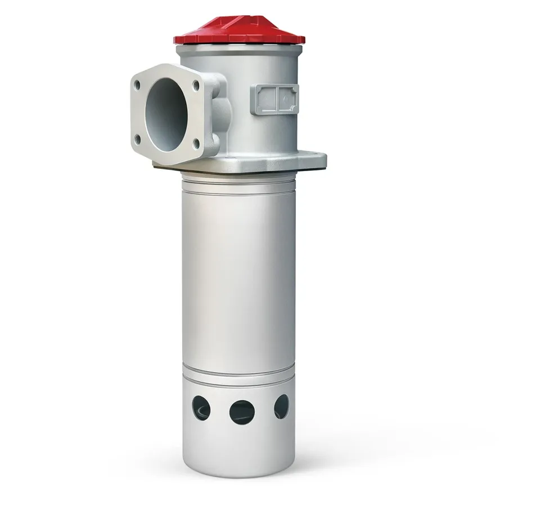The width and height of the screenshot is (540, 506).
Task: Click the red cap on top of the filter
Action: point(239,33)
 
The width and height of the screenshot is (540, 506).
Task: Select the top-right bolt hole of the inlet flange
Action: point(195,86)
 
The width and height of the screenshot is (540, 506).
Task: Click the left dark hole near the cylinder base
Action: point(201,408)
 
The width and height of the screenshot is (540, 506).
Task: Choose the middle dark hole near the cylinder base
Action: point(242,412)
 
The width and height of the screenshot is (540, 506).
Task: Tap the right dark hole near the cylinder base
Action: point(281,406)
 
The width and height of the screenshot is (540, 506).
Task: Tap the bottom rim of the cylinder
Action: point(238,473)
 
